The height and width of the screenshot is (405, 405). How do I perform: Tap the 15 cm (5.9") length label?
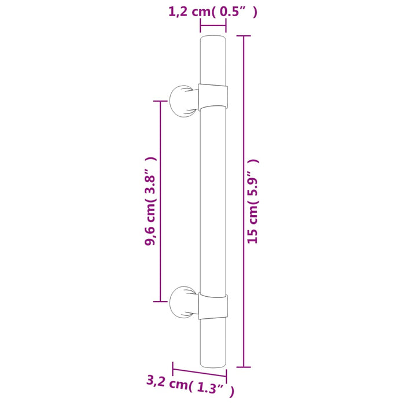[253, 201]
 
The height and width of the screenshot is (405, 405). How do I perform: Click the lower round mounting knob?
[182, 301]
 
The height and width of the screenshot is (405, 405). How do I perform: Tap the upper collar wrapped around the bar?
[212, 96]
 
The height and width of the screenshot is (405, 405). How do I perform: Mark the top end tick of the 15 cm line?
[245, 36]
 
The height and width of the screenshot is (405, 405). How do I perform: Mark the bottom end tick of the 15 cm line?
[245, 367]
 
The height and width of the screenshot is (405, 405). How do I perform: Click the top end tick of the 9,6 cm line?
[159, 101]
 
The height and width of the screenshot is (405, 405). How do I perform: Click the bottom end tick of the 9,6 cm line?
[159, 301]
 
